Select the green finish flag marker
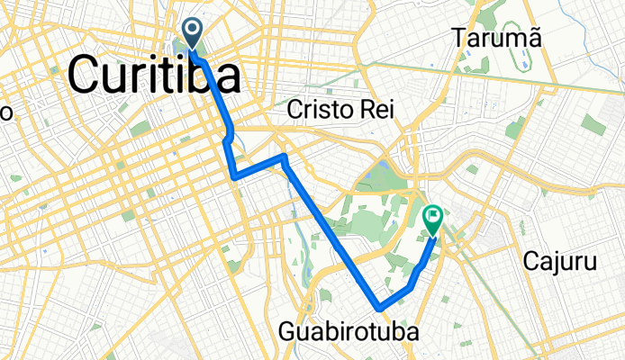tap(433, 219)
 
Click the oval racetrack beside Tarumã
tap(521, 60)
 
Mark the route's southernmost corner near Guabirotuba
tap(380, 308)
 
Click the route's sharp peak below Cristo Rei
tap(284, 157)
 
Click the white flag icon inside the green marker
tap(433, 216)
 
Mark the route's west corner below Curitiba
tap(234, 176)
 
